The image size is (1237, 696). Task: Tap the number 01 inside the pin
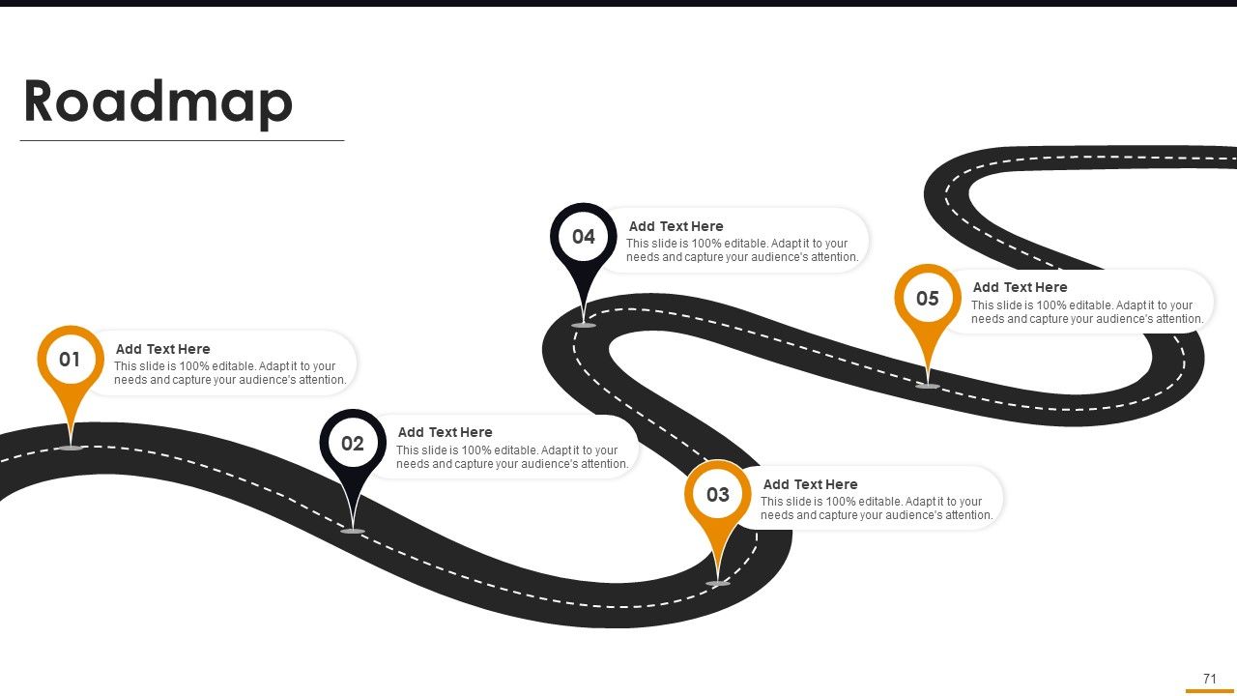coord(71,360)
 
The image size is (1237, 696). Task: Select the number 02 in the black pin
coord(353,444)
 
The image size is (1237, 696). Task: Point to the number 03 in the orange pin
coord(718,494)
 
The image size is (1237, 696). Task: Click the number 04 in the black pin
coord(584,237)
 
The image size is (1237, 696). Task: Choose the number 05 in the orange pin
coord(928,299)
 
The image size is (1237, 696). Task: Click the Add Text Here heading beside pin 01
coord(163,349)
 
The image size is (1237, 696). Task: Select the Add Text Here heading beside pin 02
coord(446,432)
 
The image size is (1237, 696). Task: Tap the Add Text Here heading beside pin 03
coord(810,484)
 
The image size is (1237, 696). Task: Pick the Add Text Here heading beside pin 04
coord(676,226)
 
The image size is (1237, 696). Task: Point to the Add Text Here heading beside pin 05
coord(1020,287)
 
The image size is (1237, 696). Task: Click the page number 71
coord(1210,679)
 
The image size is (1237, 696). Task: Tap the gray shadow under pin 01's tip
coord(71,448)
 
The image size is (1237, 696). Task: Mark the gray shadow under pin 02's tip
coord(353,532)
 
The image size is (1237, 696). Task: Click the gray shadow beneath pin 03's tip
coord(718,583)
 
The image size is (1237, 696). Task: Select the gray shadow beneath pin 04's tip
coord(584,326)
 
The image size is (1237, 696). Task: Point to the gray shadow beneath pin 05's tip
coord(928,386)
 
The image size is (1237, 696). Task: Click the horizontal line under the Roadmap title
coord(183,141)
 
